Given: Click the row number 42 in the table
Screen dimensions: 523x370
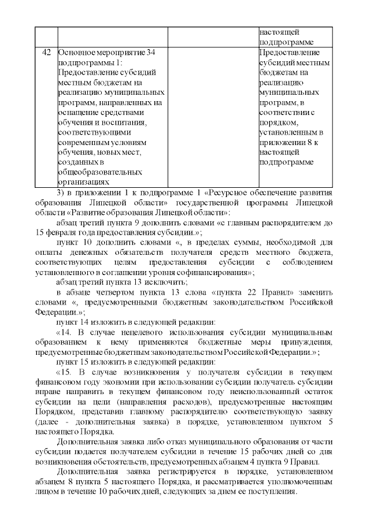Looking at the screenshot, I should pyautogui.click(x=46, y=53).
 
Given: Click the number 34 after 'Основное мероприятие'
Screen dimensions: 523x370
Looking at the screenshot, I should pyautogui.click(x=148, y=53).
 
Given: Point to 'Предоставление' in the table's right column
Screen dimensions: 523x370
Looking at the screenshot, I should pyautogui.click(x=287, y=53).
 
